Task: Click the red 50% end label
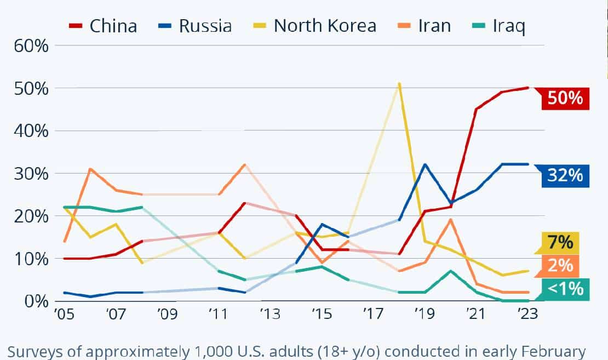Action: [564, 99]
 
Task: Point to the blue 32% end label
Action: [564, 176]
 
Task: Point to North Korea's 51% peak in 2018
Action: [399, 84]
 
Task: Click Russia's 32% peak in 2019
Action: [425, 164]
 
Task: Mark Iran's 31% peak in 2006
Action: [90, 169]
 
